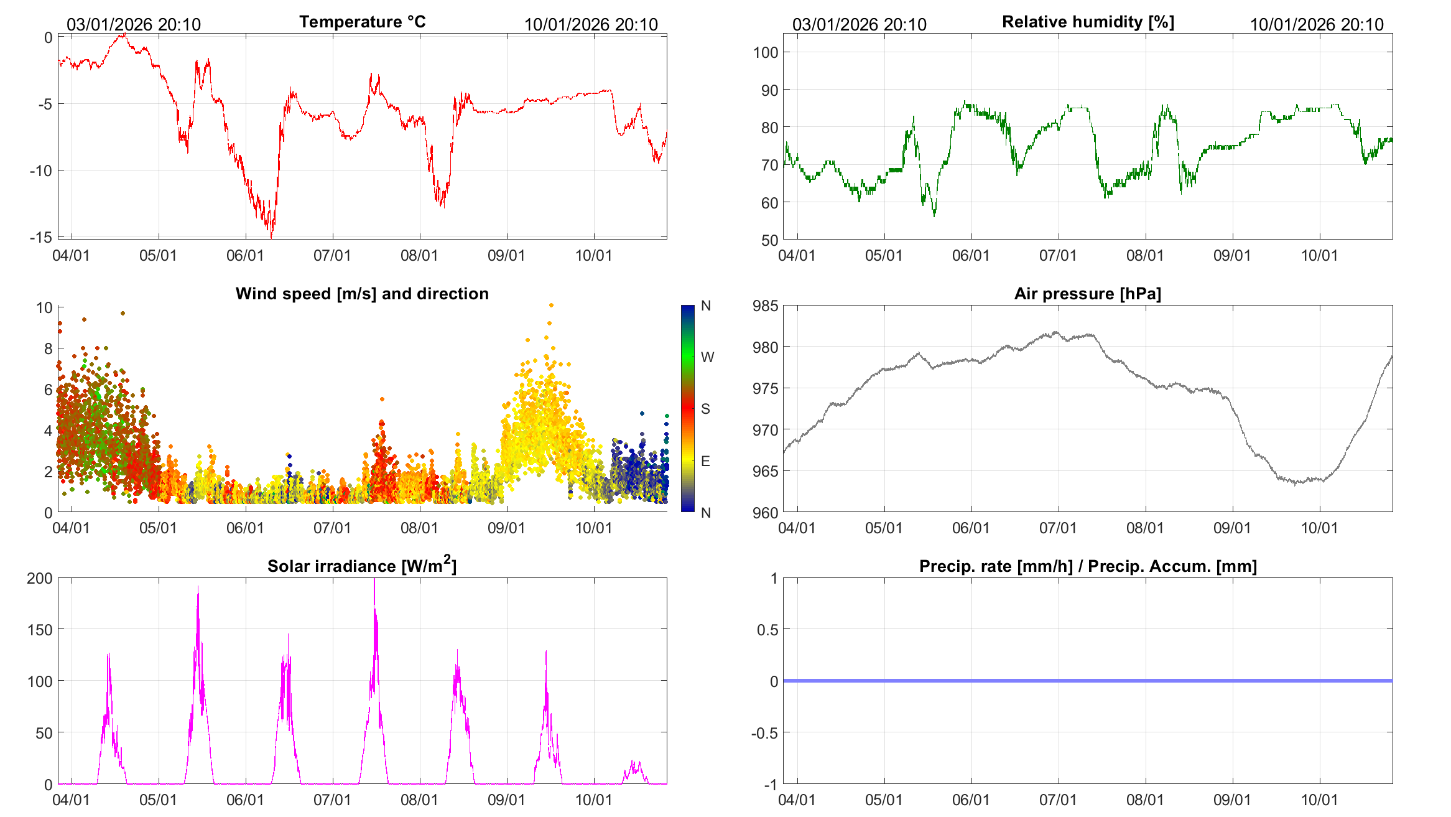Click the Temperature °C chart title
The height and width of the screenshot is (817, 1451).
[x=362, y=22]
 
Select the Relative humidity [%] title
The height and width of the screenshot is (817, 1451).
[x=1088, y=22]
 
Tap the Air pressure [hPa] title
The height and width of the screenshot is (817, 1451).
[x=1087, y=294]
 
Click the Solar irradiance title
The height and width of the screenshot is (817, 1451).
[x=362, y=566]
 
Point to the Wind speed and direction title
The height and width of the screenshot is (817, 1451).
[x=362, y=294]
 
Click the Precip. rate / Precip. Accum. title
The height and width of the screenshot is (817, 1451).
[x=1088, y=566]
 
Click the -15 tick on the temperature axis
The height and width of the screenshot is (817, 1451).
[x=41, y=237]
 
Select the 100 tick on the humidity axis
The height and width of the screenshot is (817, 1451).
[x=766, y=52]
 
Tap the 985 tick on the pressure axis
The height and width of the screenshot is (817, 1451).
[x=766, y=306]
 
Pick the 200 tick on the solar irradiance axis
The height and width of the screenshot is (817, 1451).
[x=40, y=578]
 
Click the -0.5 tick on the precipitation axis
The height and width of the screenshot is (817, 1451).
[x=764, y=733]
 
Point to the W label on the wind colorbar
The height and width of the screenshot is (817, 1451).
[x=707, y=357]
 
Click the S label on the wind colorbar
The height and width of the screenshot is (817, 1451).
[x=705, y=409]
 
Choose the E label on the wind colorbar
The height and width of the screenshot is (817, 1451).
[x=705, y=461]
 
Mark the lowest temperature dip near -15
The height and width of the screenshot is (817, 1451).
[x=271, y=236]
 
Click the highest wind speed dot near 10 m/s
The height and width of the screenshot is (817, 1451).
[x=551, y=306]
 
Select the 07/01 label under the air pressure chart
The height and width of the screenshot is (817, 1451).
[x=1058, y=528]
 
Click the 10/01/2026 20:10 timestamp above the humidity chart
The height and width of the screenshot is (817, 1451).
[x=1317, y=25]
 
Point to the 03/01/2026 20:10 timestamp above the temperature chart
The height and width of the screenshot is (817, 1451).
[x=134, y=25]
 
